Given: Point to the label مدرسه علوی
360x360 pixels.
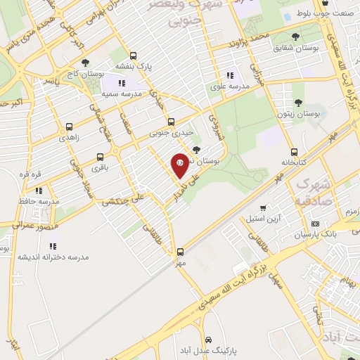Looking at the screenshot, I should click(x=228, y=87).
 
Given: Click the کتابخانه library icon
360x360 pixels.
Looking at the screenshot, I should click(x=293, y=152).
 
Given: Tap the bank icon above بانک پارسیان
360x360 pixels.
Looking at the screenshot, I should click(x=314, y=224).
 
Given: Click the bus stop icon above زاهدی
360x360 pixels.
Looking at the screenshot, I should click(x=68, y=127).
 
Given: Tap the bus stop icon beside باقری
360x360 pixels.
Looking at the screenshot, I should click(x=100, y=157).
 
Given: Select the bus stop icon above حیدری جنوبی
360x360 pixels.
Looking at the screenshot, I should click(x=171, y=122).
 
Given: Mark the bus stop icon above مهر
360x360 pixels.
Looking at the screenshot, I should click(x=181, y=251).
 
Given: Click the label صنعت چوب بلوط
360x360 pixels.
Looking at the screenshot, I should click(x=333, y=13).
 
